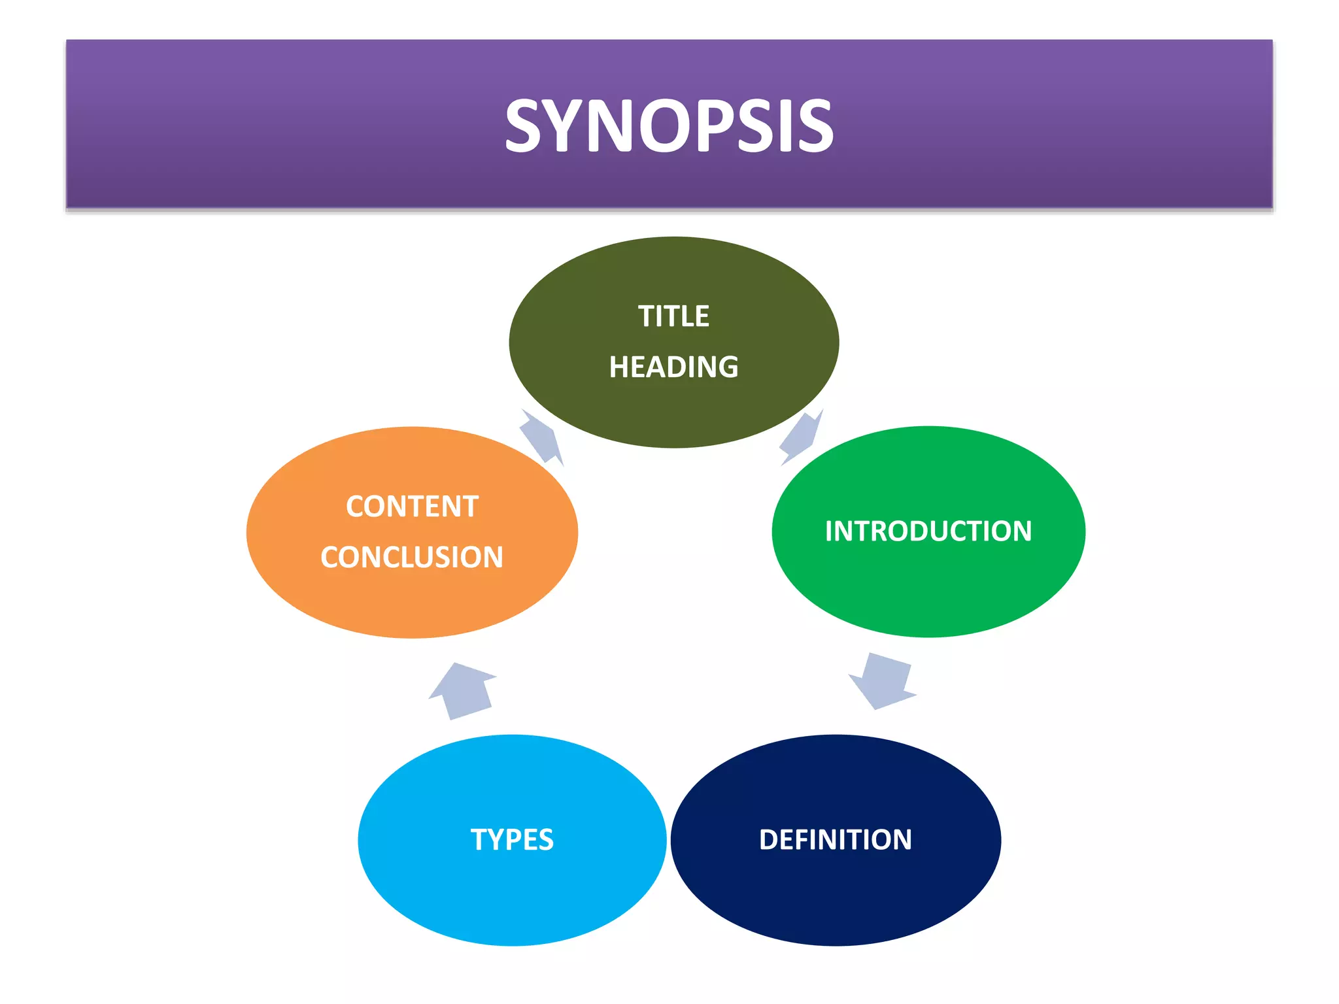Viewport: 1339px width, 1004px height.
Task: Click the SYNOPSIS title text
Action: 669,125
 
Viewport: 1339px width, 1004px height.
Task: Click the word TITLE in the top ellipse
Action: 673,316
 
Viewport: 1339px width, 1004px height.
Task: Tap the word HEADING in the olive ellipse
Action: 673,367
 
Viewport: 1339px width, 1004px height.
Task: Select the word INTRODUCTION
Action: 928,531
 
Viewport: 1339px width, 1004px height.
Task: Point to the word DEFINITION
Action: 835,840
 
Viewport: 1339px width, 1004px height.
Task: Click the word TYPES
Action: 512,840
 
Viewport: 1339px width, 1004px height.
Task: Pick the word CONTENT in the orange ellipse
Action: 412,507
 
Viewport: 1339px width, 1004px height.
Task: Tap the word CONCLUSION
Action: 412,558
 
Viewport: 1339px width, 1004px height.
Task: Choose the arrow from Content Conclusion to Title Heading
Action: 541,437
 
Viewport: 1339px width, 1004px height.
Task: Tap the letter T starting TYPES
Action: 479,840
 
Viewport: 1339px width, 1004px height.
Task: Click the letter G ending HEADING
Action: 728,367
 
